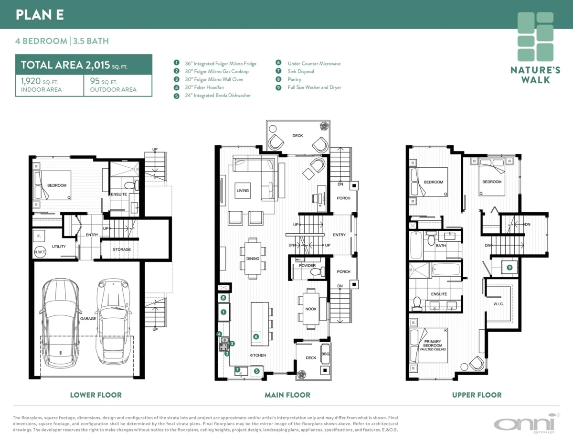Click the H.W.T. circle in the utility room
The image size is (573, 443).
pos(40,252)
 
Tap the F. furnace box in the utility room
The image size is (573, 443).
pos(39,236)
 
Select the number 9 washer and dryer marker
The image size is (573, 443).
pos(509,268)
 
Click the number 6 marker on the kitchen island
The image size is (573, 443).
pos(256,336)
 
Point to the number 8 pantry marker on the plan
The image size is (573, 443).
pos(223,298)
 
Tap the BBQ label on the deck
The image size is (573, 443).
pos(325,354)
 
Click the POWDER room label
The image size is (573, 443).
pos(307,265)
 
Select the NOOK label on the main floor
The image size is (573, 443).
pos(311,309)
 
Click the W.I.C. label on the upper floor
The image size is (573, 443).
pos(499,303)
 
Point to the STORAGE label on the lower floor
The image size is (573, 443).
pos(122,249)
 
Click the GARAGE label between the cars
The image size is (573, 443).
pos(88,318)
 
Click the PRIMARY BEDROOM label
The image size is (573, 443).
pos(433,343)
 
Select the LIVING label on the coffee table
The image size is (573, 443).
pos(243,191)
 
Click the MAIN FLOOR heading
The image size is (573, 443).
pos(287,395)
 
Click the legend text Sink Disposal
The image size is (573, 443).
pos(301,71)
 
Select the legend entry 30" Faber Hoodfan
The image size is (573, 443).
pos(204,87)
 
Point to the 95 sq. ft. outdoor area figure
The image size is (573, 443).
pos(103,81)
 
